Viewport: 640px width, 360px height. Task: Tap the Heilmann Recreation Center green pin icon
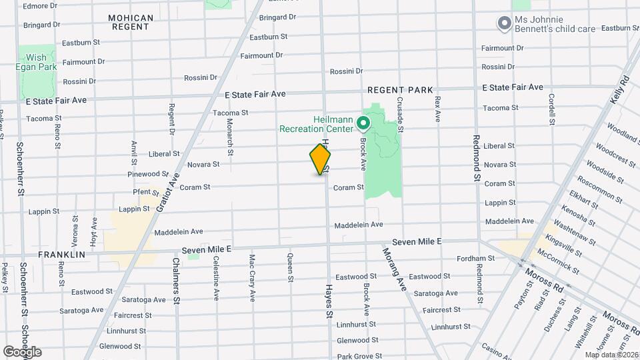click(x=363, y=123)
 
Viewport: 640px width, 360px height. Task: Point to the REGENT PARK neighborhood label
click(x=401, y=90)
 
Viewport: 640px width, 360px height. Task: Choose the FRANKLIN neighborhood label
click(x=61, y=255)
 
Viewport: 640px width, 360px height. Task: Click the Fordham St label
click(x=475, y=259)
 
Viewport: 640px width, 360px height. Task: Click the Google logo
click(x=22, y=351)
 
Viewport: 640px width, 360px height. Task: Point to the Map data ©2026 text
click(x=611, y=355)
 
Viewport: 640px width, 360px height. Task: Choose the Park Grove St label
click(x=359, y=357)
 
